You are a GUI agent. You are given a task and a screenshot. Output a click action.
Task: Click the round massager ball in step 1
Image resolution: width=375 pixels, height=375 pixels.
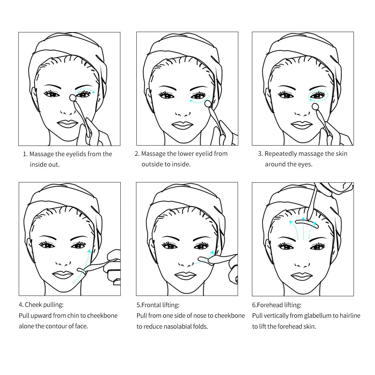73,97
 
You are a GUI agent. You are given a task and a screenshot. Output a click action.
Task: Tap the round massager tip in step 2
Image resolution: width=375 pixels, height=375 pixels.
208,103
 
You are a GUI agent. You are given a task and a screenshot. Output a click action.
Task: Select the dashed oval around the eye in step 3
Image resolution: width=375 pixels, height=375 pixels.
318,96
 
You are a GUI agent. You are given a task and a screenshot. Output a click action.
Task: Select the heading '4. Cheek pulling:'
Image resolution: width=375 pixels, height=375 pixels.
41,305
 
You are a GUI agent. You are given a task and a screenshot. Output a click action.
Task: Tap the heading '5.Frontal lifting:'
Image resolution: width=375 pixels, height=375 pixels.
158,305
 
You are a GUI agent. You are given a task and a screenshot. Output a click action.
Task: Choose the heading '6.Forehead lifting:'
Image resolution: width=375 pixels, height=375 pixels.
277,305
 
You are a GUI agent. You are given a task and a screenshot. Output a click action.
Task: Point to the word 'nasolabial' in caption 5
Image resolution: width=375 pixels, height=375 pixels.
184,327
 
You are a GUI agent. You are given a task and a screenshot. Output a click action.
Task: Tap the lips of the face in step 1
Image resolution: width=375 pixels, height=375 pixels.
68,124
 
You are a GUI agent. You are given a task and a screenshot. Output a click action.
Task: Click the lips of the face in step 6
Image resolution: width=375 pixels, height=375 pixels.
302,277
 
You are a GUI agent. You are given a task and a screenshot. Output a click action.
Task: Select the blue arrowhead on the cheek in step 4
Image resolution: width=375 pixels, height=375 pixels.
89,251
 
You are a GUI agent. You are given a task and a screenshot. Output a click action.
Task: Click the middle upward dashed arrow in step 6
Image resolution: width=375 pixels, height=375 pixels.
303,228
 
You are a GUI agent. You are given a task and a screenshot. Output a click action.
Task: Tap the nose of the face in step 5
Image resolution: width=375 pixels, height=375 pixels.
186,264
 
